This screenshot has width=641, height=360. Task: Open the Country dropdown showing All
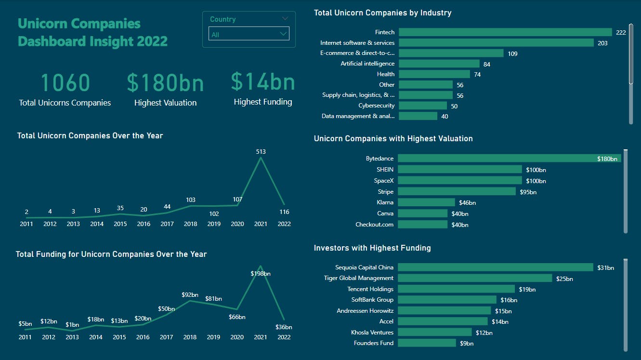tap(249, 34)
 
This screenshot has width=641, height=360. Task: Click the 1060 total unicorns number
tap(65, 82)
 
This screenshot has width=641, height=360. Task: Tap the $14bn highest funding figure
tap(262, 81)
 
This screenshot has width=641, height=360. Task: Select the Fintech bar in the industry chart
tap(505, 32)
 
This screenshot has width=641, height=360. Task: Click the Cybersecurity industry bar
tap(423, 106)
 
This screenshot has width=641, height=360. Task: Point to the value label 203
tap(602, 43)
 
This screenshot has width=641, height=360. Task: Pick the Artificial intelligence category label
tap(367, 64)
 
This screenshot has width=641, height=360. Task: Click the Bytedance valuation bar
tap(509, 159)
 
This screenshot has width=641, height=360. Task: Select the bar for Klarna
tap(426, 202)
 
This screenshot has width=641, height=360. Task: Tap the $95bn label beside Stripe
tap(528, 192)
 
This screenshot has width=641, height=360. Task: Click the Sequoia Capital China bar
tap(496, 267)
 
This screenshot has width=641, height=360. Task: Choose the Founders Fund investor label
tap(373, 343)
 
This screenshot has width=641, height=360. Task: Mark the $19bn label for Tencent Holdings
tap(527, 290)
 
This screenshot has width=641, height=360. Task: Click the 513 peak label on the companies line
tap(261, 152)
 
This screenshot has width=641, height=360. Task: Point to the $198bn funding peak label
tap(261, 274)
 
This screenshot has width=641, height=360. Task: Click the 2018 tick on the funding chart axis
tap(190, 337)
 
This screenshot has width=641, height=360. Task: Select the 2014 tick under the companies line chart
tap(96, 224)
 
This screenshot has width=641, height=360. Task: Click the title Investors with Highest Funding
tap(372, 248)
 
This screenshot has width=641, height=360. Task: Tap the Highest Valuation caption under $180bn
tap(165, 103)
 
